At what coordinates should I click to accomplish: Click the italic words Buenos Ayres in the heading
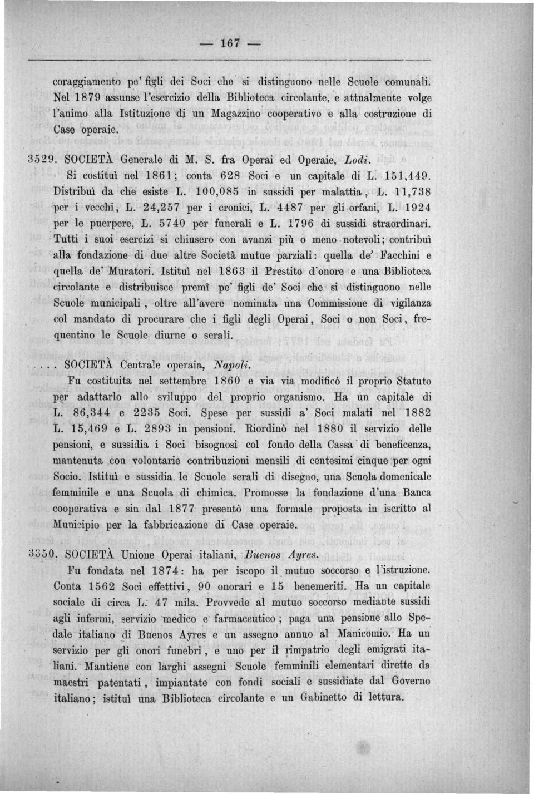click(x=281, y=554)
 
